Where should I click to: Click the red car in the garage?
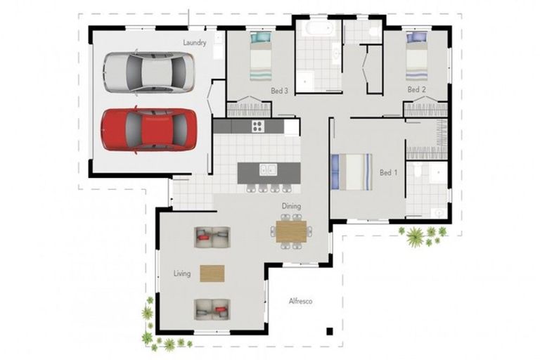[x=149, y=129]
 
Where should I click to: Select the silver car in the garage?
[x=149, y=72]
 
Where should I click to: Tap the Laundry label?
[x=195, y=43]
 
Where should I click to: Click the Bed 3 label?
[x=279, y=91]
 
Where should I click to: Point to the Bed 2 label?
[x=416, y=89]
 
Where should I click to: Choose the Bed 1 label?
[x=388, y=172]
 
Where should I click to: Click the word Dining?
[x=291, y=206]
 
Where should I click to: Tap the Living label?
[x=182, y=274]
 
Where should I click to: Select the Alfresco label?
[x=301, y=301]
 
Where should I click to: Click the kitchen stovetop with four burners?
[x=257, y=126]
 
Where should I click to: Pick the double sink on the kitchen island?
[x=269, y=169]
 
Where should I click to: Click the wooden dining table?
[x=291, y=231]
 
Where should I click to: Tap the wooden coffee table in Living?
[x=212, y=274]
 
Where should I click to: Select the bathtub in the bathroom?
[x=319, y=27]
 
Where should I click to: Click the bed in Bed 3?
[x=261, y=56]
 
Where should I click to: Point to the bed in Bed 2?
[x=417, y=56]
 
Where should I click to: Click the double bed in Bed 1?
[x=352, y=172]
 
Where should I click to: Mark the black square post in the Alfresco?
[x=330, y=331]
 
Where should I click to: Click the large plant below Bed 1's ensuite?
[x=415, y=237]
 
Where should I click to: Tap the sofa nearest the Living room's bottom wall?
[x=212, y=309]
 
